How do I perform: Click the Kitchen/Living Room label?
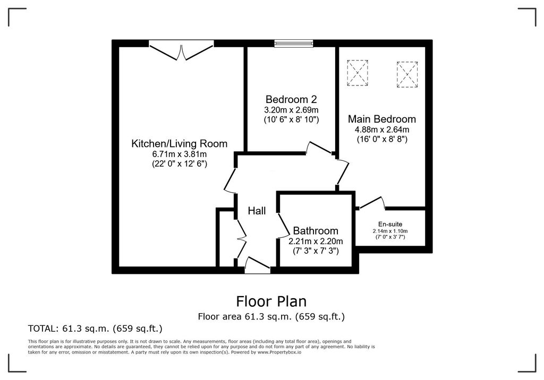180,143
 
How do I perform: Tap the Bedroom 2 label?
291,99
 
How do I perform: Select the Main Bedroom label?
381,119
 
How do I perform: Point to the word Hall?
257,211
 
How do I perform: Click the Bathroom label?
316,231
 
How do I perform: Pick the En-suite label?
390,224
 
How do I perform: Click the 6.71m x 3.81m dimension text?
180,154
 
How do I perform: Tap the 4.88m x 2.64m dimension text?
382,129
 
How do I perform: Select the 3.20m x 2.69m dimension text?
291,110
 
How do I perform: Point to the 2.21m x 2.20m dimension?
316,241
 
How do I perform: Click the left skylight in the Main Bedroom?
358,73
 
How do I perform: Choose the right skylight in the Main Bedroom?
407,74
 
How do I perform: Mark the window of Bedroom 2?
293,44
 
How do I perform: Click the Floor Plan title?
271,301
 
